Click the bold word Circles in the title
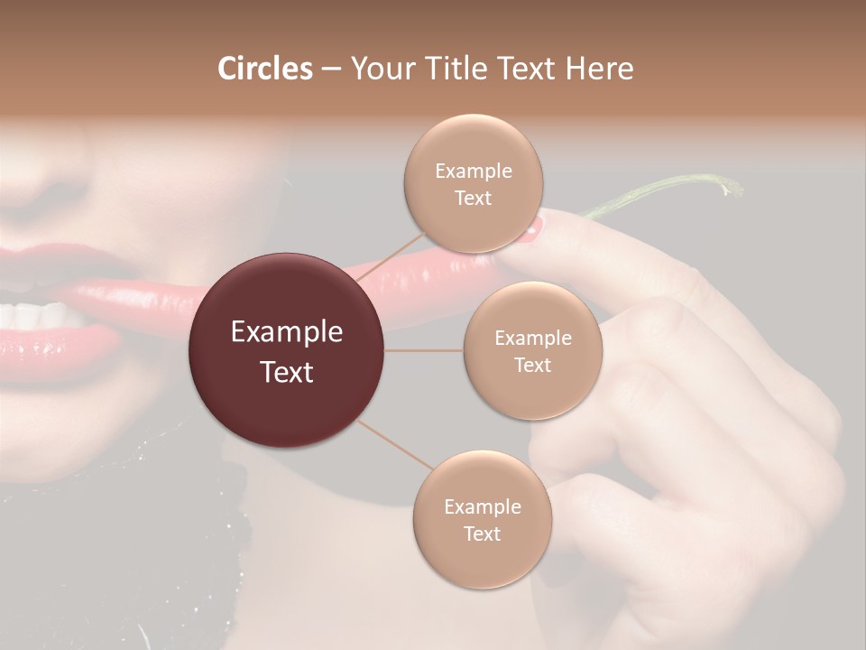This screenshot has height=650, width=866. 264,69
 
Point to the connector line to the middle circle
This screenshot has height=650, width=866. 424,350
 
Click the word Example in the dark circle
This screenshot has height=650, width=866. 287,332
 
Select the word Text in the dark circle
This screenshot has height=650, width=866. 287,372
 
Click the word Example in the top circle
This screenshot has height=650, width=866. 473,172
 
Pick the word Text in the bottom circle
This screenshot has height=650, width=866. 482,534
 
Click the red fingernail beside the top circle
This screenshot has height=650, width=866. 531,231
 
